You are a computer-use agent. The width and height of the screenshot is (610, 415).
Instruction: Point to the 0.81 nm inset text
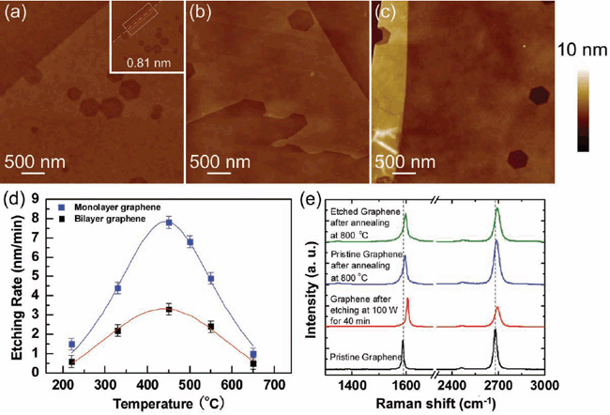pos(142,64)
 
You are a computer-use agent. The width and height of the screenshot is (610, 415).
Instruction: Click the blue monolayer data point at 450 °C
pos(169,223)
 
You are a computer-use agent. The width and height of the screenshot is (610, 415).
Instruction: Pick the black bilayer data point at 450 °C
pos(169,309)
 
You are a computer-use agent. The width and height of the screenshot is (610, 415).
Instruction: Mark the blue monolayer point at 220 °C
pos(72,345)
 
